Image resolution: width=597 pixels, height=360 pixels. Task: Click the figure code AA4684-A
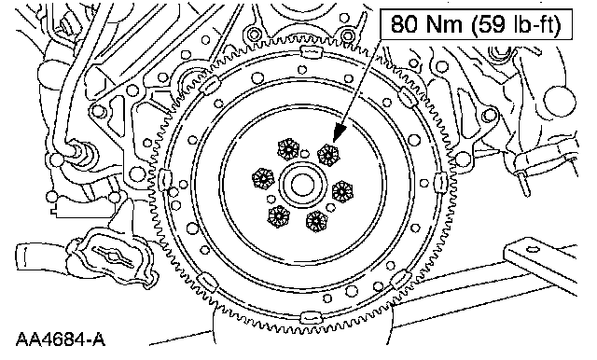(61, 339)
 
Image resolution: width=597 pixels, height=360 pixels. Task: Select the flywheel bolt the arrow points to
(327, 154)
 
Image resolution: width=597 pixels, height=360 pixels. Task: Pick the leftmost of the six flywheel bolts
(263, 178)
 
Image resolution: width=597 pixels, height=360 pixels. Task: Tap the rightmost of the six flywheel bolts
(342, 191)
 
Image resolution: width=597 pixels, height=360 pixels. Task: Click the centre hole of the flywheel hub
(302, 185)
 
